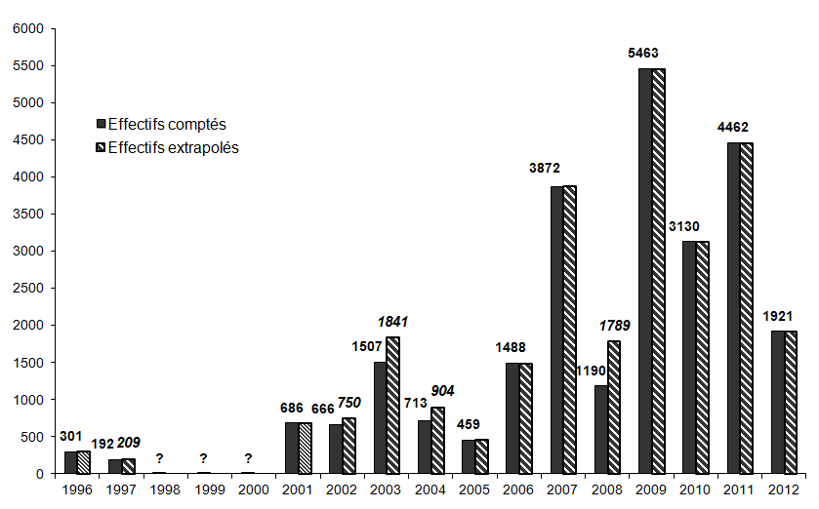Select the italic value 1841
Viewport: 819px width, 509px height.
point(392,322)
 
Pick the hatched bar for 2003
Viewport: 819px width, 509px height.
point(392,405)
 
